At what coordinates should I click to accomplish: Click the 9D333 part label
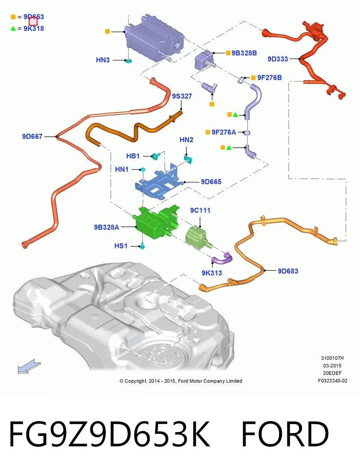coord(277,59)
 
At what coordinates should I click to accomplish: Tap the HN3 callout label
coord(103,60)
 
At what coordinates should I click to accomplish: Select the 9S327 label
coord(182,96)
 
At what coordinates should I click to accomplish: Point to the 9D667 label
coord(32,136)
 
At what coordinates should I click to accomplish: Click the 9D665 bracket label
coord(211,182)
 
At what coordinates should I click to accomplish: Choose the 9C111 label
coord(200,210)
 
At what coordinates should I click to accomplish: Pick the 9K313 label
coord(212,273)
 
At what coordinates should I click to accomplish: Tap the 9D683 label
coord(288,271)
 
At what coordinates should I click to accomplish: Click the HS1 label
coord(121,246)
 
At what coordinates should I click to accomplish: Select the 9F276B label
coord(269,77)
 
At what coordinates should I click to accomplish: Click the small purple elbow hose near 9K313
coord(222,260)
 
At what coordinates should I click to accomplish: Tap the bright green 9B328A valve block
coord(155,222)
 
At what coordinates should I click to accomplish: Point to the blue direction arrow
coord(29,366)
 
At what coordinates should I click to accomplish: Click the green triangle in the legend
coord(13,28)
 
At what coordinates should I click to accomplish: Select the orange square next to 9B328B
coord(228,53)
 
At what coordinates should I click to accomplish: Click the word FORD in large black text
coord(285,434)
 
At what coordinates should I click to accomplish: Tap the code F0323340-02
coord(333,381)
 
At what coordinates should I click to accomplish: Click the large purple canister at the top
coord(154,38)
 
